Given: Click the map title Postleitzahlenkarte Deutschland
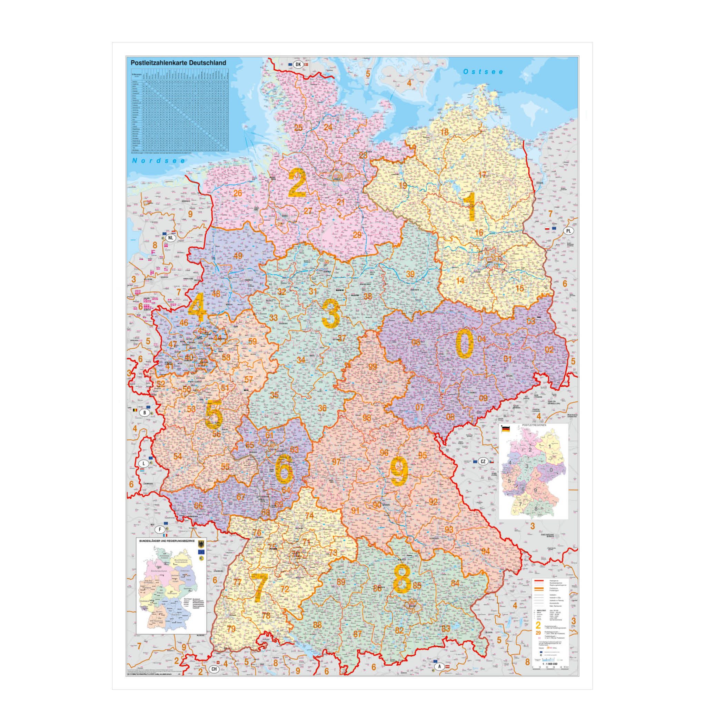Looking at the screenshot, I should click(x=178, y=63).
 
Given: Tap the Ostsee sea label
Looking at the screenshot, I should click(x=483, y=72).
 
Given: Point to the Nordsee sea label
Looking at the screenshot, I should click(x=159, y=161).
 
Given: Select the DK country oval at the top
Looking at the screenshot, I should click(x=298, y=64).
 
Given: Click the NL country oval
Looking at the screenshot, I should click(x=170, y=238).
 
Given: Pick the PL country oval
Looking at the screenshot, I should click(x=568, y=231).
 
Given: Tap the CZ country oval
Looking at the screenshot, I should click(x=483, y=461).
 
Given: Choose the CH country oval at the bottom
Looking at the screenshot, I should click(x=214, y=669).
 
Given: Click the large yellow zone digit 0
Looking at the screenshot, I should click(x=464, y=345).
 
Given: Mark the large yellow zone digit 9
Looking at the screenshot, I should click(x=398, y=471).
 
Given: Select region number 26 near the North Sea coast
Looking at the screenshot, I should click(x=238, y=193).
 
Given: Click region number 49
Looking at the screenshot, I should click(x=238, y=256).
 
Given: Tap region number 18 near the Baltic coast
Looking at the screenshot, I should click(x=444, y=132).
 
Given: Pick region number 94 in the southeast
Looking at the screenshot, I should click(x=485, y=551).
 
